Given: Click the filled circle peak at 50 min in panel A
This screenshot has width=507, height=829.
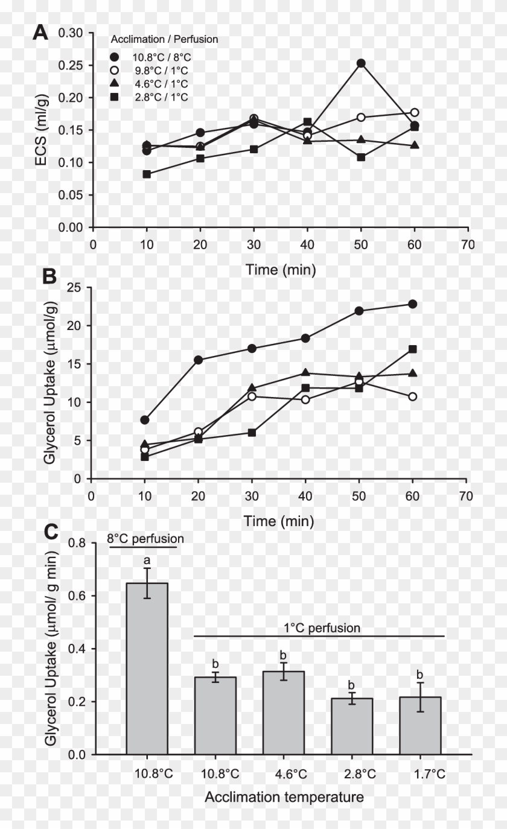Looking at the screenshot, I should click(x=361, y=63).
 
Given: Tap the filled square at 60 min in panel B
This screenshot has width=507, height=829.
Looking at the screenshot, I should click(x=413, y=349).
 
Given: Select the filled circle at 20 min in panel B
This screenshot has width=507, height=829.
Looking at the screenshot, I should click(x=198, y=360).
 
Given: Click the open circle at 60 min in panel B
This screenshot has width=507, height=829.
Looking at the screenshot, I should click(x=413, y=397).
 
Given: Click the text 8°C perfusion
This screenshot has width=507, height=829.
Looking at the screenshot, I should click(x=145, y=538).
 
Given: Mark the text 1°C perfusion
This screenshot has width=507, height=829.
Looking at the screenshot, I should click(x=322, y=628).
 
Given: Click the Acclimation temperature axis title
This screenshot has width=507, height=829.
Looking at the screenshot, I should click(x=284, y=797).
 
